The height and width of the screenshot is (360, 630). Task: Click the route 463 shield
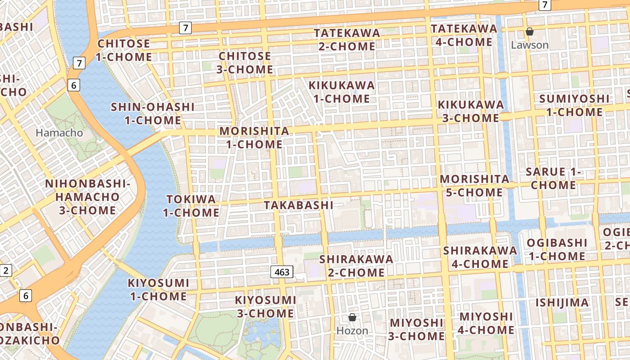[x=282, y=272]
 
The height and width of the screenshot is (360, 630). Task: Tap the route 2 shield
[x=6, y=270]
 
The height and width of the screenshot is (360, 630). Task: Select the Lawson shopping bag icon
[x=530, y=31]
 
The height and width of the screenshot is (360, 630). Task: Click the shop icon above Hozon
[x=352, y=318]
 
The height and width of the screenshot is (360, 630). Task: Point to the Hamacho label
[x=59, y=133]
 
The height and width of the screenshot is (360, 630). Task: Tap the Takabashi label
[x=299, y=205]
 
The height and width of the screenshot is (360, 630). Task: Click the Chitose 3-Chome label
[x=246, y=63]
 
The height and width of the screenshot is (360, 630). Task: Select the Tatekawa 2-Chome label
[x=347, y=40]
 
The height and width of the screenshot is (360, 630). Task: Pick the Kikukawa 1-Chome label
[x=342, y=92]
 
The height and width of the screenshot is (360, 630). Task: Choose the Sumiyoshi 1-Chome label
[x=575, y=105]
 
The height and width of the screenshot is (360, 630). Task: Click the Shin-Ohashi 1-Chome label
[x=153, y=114]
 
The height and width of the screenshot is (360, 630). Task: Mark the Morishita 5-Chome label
[x=474, y=186]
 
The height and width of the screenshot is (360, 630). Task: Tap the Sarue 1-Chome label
[x=553, y=178]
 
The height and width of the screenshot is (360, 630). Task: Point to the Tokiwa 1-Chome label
[x=191, y=206]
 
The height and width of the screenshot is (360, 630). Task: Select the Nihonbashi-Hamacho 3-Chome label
[x=87, y=197]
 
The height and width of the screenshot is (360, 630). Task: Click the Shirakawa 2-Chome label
[x=356, y=266]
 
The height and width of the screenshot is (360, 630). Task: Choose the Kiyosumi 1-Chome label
[x=158, y=290]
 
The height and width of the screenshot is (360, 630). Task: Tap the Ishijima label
[x=562, y=302]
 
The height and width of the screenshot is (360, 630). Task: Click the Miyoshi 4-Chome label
[x=486, y=323]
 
